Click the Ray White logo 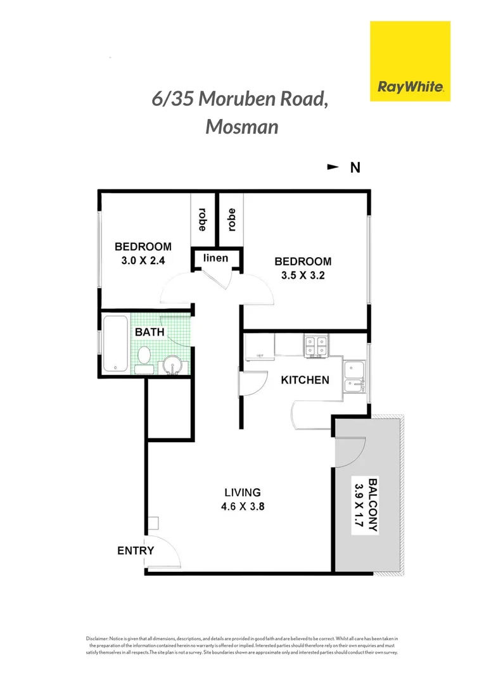[410, 61]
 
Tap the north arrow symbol [332, 167]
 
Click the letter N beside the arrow [355, 168]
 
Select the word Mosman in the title [242, 126]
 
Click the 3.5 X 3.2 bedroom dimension [303, 275]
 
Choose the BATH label [150, 331]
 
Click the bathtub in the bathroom [115, 343]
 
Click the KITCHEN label [305, 380]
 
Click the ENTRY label [136, 550]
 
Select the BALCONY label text [374, 506]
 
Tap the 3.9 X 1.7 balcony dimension [359, 506]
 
